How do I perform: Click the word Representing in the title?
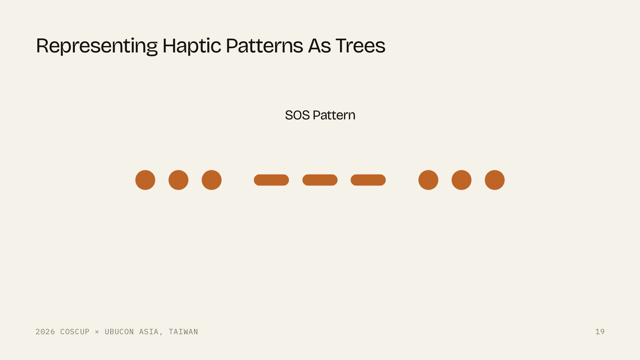click(x=97, y=46)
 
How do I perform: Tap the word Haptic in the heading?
click(x=192, y=46)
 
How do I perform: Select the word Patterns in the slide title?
click(x=264, y=46)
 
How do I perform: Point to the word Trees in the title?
click(x=360, y=46)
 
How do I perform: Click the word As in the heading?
click(x=319, y=46)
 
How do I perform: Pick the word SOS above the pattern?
click(x=297, y=115)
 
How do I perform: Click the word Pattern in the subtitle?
click(x=334, y=115)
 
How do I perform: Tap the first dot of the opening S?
click(x=145, y=180)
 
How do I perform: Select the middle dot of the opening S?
click(x=178, y=180)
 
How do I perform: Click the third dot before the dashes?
click(x=212, y=180)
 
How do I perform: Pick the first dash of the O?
click(x=271, y=180)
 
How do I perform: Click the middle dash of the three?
click(x=320, y=180)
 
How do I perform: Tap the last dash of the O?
click(x=368, y=180)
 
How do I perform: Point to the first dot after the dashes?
click(x=428, y=180)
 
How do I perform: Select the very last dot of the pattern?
click(x=495, y=180)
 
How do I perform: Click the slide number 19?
click(x=600, y=332)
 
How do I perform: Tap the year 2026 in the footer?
click(x=45, y=332)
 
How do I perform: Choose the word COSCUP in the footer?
click(x=75, y=332)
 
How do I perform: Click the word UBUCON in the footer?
click(x=119, y=332)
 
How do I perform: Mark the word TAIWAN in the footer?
click(x=183, y=332)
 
